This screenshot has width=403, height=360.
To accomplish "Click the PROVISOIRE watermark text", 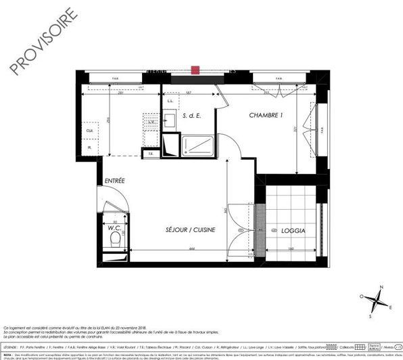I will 39,42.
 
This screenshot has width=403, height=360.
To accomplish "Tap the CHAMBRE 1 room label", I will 265,116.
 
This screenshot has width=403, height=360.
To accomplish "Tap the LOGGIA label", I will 291,231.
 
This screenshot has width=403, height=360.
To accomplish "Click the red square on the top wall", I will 195,69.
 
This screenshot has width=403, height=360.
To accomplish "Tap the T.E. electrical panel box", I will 152,154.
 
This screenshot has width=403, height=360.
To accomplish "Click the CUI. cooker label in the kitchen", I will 89,130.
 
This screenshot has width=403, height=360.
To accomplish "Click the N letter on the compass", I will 381,288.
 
